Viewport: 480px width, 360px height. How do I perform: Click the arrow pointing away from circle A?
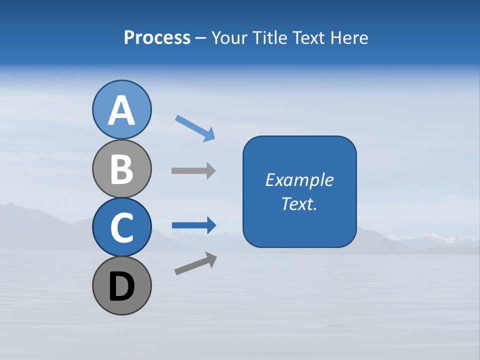pos(195,128)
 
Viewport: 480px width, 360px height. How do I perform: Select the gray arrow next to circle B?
pos(193,170)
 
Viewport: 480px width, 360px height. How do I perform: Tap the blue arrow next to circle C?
pos(193,225)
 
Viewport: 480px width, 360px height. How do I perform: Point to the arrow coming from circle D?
pos(195,263)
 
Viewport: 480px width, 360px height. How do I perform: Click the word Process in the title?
pos(157,37)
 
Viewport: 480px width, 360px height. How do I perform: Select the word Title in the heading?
pos(269,37)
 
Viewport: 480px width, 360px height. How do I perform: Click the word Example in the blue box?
pos(299,180)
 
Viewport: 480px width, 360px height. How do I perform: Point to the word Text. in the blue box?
pos(299,203)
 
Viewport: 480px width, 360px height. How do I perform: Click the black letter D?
pos(121,286)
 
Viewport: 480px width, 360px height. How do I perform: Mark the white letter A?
pos(121,111)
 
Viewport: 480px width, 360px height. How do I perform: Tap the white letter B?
pos(121,169)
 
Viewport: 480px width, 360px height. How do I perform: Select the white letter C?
pos(121,227)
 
